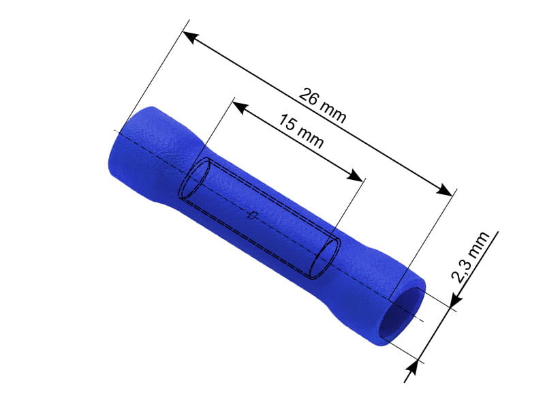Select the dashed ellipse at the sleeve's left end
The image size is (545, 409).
tap(194, 181)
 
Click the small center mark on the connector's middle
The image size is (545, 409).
tap(253, 216)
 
